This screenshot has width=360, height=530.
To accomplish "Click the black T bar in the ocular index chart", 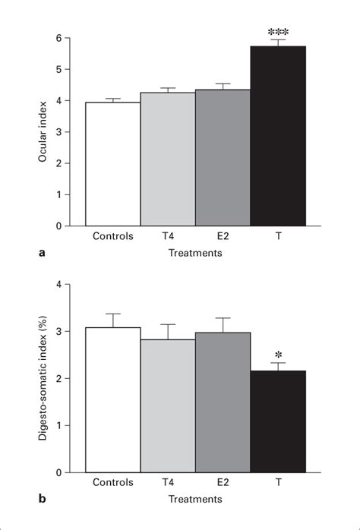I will pyautogui.click(x=278, y=137).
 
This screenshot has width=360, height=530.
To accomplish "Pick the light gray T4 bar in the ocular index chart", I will pyautogui.click(x=168, y=159).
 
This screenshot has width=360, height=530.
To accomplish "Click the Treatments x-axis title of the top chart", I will pyautogui.click(x=195, y=254).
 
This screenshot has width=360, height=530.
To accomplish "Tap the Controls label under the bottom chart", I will pyautogui.click(x=113, y=483).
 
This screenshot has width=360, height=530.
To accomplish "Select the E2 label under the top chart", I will pyautogui.click(x=223, y=236).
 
